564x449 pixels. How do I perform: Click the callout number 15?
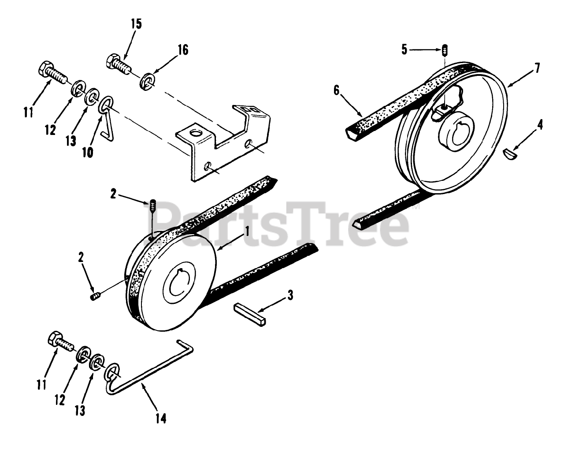(136, 23)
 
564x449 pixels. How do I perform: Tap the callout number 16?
(183, 50)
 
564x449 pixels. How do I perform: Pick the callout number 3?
(289, 295)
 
